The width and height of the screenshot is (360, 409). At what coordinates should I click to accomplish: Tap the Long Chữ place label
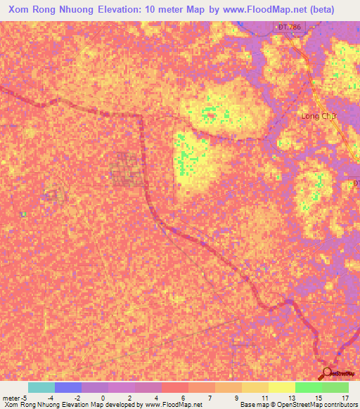(320, 116)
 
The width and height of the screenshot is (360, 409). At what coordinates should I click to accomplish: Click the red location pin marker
(326, 372)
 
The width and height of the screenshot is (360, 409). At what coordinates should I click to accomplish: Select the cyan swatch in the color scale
(41, 387)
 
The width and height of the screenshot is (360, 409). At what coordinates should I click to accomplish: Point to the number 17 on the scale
(345, 397)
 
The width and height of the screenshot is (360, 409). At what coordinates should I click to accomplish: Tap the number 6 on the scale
(183, 397)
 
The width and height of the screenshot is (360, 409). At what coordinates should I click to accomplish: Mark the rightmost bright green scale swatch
(335, 387)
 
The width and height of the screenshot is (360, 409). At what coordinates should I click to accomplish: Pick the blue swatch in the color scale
(68, 387)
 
